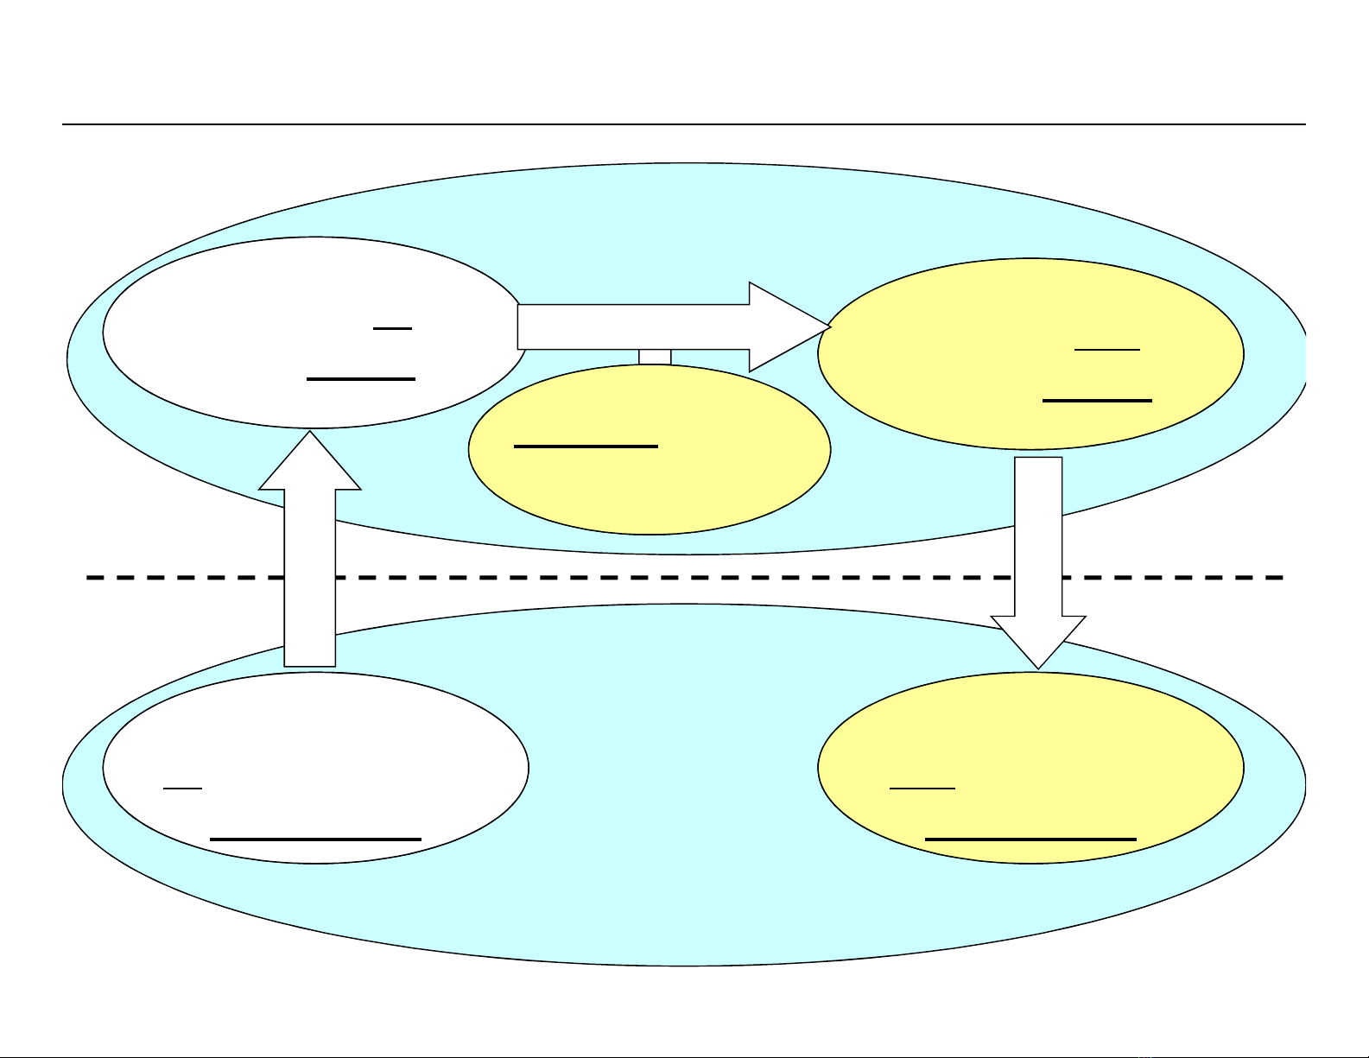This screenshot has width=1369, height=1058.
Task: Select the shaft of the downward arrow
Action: (x=1037, y=535)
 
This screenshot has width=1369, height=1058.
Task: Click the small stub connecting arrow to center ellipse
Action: (x=655, y=357)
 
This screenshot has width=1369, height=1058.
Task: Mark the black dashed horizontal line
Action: (x=691, y=577)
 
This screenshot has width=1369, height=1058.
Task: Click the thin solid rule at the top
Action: (x=682, y=124)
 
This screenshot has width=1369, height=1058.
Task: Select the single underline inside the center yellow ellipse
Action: (x=586, y=447)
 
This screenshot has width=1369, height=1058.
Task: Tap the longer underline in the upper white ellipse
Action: (x=361, y=378)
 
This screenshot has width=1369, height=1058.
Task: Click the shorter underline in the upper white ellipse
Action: (x=393, y=328)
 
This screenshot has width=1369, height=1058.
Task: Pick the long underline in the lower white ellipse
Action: (x=315, y=839)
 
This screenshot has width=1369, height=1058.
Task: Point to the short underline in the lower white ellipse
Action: (x=182, y=788)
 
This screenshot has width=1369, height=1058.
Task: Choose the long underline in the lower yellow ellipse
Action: (x=1030, y=839)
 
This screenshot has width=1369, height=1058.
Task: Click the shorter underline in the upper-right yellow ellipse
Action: (x=1107, y=349)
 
